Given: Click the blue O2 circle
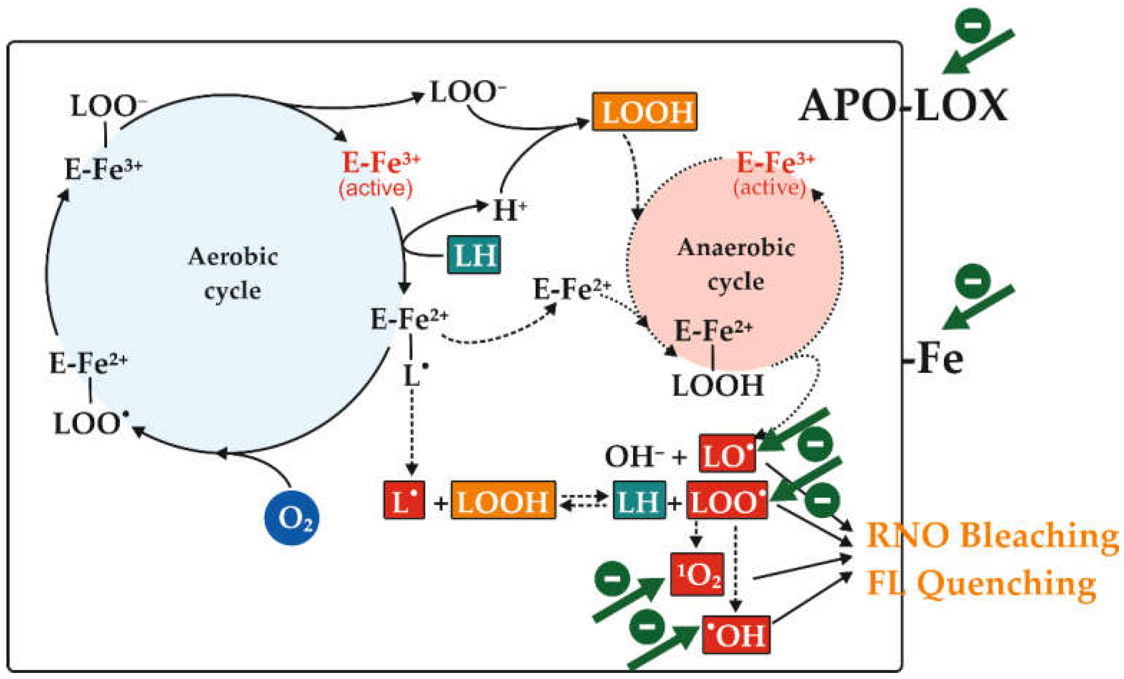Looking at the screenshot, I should pos(291,518).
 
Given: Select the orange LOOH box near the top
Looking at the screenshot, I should pos(644,112).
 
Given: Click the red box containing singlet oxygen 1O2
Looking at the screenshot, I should pos(696,574).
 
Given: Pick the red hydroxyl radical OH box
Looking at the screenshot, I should pos(736,635).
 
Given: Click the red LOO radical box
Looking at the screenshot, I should pos(727,500).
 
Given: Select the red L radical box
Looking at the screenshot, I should pos(404,500).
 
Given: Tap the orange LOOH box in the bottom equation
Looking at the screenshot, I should pos(503,500).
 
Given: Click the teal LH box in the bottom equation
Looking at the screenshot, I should pos(639,500).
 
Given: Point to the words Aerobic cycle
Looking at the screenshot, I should pos(233,273).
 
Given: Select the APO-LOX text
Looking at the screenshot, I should pos(903,106).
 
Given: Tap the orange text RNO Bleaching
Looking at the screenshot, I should pos(992,535).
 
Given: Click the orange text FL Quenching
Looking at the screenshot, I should pos(981,584).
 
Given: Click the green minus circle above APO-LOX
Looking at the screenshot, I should pos(973,25).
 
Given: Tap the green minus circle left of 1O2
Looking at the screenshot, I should pos(612,579).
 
